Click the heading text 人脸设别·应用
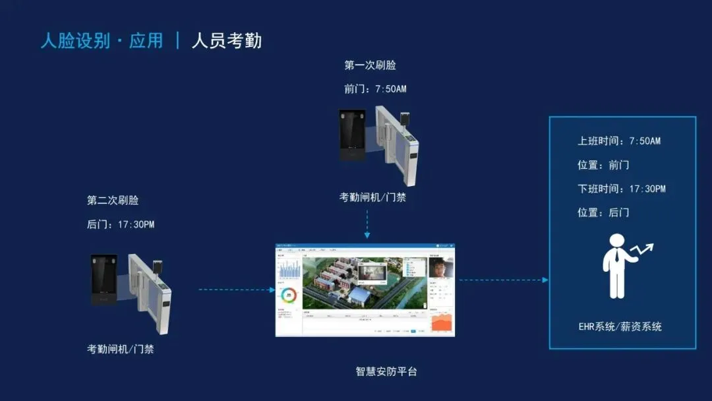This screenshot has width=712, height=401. point(102,40)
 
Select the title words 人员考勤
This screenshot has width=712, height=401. point(226,40)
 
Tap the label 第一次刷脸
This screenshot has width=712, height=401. point(370,65)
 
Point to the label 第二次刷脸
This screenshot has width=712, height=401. point(113,200)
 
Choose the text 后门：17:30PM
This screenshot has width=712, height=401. point(121,224)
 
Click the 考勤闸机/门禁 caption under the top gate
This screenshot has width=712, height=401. point(372,197)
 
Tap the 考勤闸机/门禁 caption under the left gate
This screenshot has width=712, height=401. point(121,349)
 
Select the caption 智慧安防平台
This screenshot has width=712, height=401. point(386,371)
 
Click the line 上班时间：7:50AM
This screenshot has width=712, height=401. point(619,141)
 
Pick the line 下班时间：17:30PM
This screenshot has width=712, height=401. point(622,189)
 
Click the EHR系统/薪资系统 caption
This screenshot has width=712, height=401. point(620,326)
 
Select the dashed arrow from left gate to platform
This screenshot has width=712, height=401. point(236,290)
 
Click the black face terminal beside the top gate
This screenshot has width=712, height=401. point(352,135)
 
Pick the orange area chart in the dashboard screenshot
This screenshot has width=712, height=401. point(442,323)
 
